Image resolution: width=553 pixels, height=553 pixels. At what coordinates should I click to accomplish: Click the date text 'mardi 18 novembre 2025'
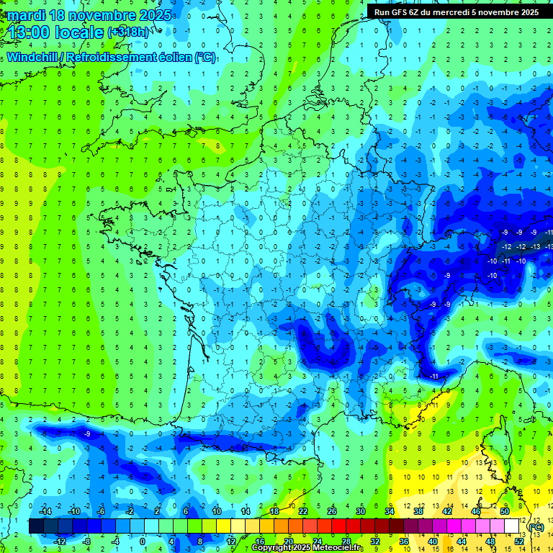pos(91,15)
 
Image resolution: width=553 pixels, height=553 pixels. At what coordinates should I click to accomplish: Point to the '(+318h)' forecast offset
pos(130,32)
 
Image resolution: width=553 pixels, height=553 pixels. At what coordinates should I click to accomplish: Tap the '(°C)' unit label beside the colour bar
pos(536,527)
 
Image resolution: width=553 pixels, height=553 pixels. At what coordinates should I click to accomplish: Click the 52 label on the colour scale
pos(519,541)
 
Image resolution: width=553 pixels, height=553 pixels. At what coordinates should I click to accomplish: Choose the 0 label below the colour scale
pos(142,541)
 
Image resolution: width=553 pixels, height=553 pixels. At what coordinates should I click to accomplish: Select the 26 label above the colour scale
pos(332,511)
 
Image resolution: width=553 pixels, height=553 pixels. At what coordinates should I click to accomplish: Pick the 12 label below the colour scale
pos(231,541)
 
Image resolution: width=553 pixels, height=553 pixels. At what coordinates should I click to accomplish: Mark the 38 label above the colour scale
pos(418,511)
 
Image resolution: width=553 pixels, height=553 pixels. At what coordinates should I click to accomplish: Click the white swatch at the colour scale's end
pos(512,526)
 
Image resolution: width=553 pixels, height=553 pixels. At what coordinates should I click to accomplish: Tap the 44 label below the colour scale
pos(462,541)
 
